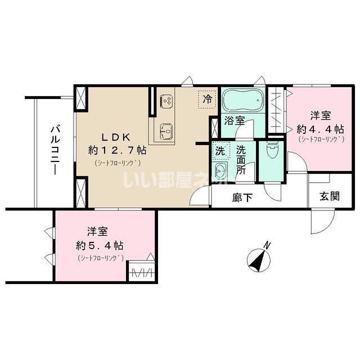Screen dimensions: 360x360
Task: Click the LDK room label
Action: (x=116, y=136)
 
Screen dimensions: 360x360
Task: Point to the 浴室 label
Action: (x=233, y=120)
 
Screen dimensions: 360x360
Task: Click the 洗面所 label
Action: (x=241, y=161)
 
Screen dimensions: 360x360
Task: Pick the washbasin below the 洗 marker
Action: (x=220, y=172)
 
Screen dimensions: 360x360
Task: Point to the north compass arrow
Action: (x=258, y=258)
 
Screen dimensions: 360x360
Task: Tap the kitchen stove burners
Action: (x=167, y=101)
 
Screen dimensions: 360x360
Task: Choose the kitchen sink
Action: (x=166, y=132)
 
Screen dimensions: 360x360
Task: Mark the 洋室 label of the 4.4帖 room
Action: (x=321, y=116)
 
